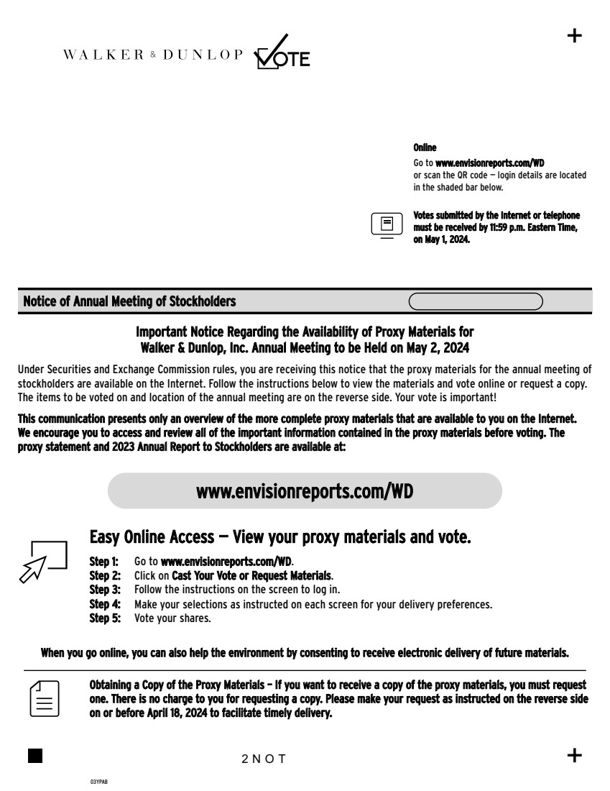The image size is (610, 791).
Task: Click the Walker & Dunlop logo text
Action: pyautogui.click(x=153, y=55)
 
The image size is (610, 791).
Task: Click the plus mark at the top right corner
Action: pyautogui.click(x=575, y=36)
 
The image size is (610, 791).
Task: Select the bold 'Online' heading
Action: pyautogui.click(x=425, y=147)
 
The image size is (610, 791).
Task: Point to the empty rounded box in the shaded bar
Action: pyautogui.click(x=476, y=301)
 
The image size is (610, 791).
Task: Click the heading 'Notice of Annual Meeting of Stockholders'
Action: pyautogui.click(x=129, y=301)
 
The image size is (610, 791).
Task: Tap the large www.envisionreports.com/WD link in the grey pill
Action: pyautogui.click(x=305, y=491)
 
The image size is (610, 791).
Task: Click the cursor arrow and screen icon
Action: pyautogui.click(x=44, y=560)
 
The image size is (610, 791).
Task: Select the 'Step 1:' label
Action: pyautogui.click(x=104, y=561)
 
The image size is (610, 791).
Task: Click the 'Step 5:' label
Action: pyautogui.click(x=104, y=618)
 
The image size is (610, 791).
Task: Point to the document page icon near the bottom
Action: pyautogui.click(x=45, y=697)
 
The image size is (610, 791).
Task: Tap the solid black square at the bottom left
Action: pyautogui.click(x=35, y=756)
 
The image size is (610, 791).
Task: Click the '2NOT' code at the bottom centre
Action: pyautogui.click(x=264, y=759)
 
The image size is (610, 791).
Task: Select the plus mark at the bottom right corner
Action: pyautogui.click(x=575, y=755)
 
